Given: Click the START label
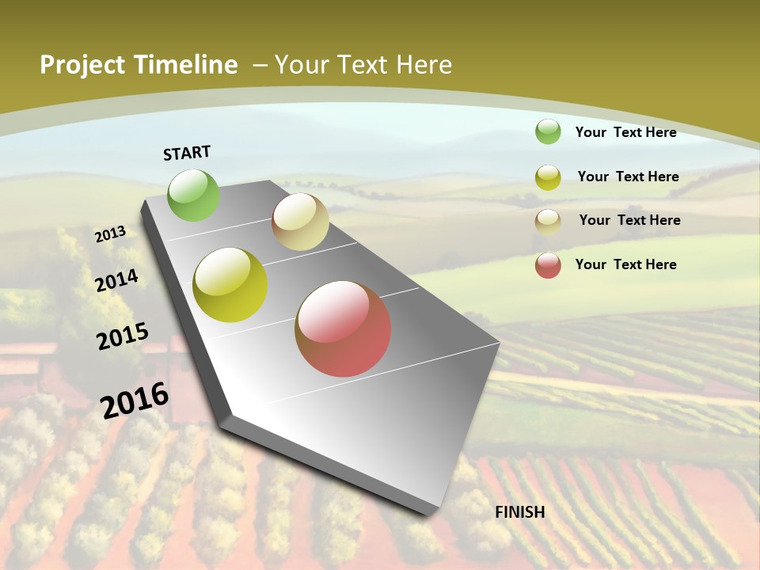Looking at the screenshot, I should click(187, 153).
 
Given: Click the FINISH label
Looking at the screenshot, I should click(520, 512).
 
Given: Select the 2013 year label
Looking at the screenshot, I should click(110, 234).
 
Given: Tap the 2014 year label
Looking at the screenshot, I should click(117, 280).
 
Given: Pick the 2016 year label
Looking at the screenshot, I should click(135, 401).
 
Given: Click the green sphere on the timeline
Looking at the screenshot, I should click(193, 195).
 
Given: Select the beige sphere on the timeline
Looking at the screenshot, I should click(300, 222).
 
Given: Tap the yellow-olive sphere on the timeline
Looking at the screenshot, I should click(230, 285).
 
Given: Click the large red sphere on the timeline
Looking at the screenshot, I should click(343, 329).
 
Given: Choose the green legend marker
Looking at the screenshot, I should click(548, 131).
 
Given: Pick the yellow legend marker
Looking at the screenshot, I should click(548, 177).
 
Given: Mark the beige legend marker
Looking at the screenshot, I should click(548, 222).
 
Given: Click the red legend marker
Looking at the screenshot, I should click(548, 265).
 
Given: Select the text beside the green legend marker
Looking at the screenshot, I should click(625, 132).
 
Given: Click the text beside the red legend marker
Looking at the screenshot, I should click(625, 264).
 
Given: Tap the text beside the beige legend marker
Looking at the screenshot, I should click(629, 220).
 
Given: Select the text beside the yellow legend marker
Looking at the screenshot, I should click(628, 177).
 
